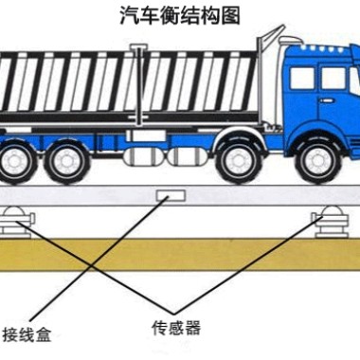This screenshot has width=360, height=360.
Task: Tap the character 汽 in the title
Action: click(125, 14)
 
